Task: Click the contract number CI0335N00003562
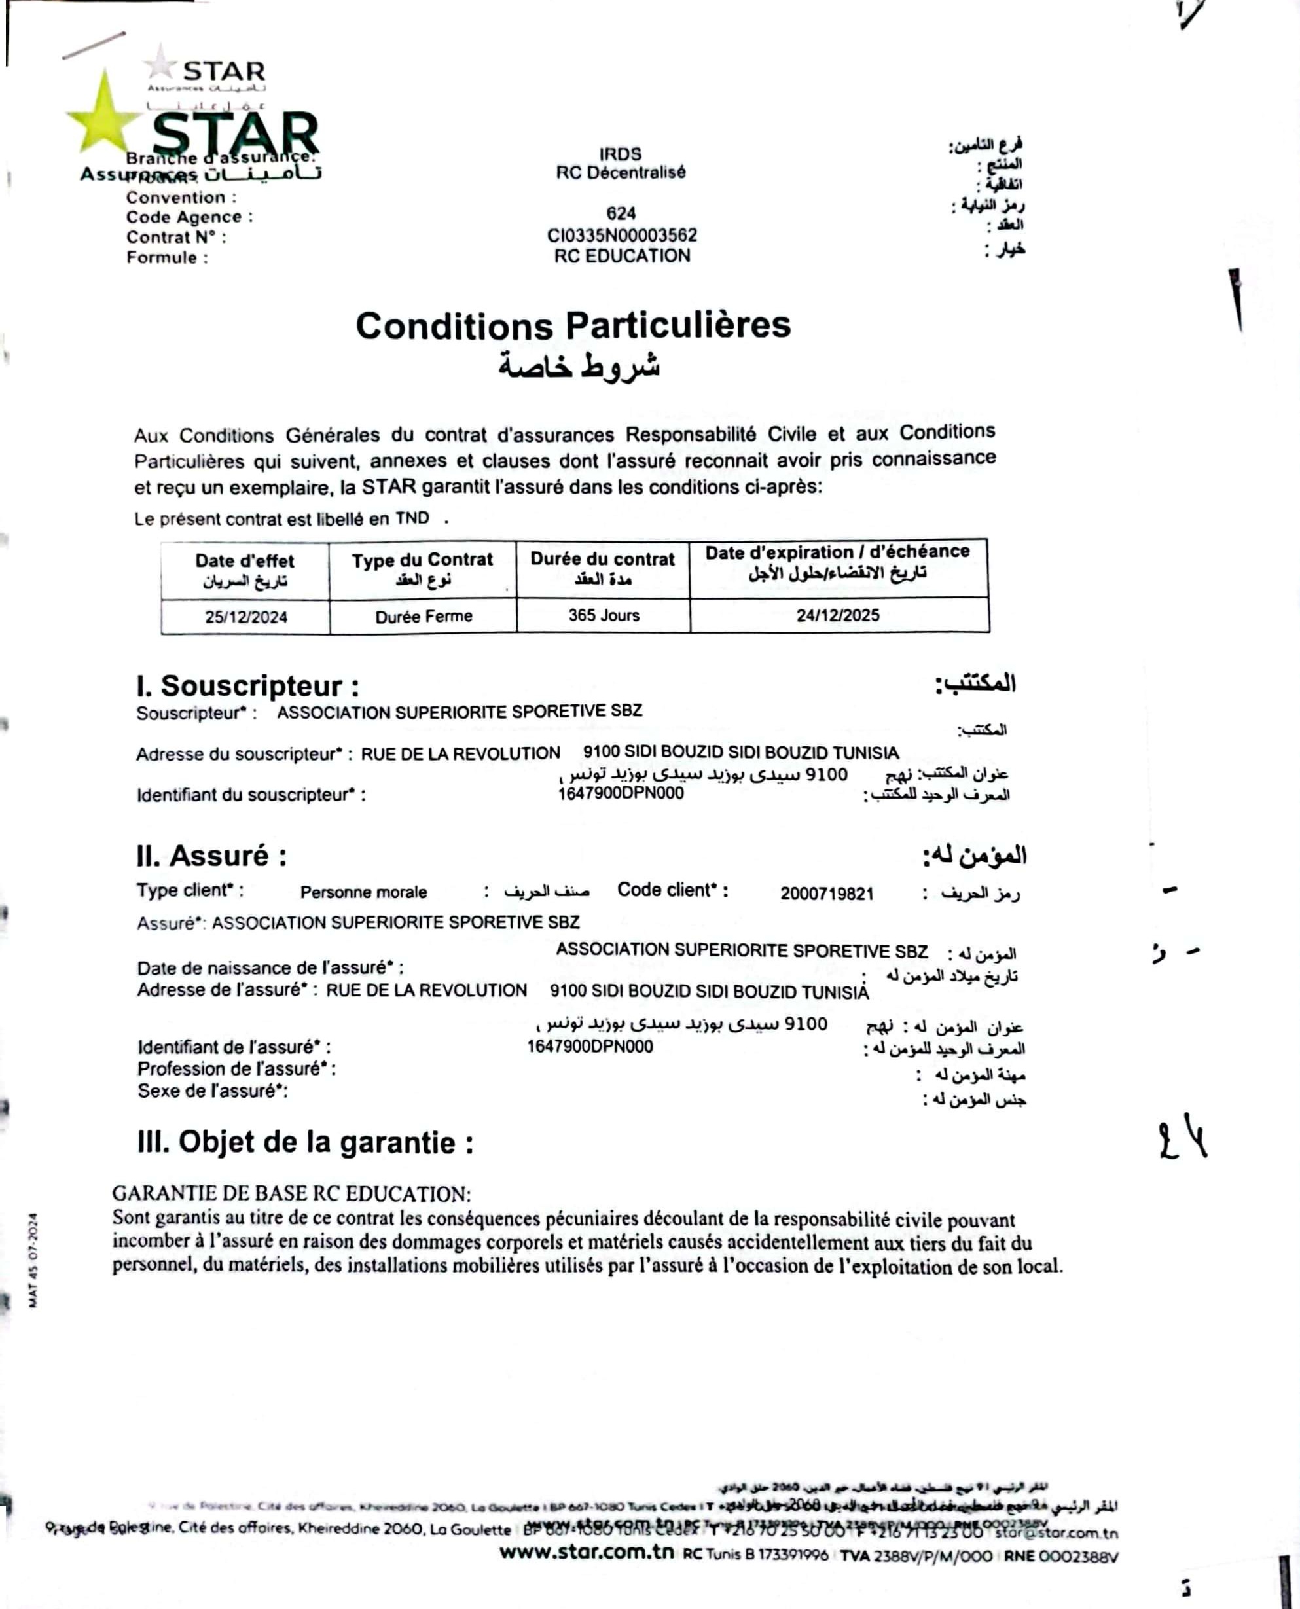pyautogui.click(x=622, y=235)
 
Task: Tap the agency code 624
pyautogui.click(x=621, y=213)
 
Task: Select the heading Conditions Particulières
pyautogui.click(x=573, y=326)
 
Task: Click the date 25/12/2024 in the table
pyautogui.click(x=245, y=617)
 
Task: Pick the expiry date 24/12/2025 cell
pyautogui.click(x=837, y=615)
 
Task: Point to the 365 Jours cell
pyautogui.click(x=604, y=615)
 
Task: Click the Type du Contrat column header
pyautogui.click(x=422, y=560)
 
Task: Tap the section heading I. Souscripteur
pyautogui.click(x=247, y=686)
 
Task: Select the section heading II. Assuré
pyautogui.click(x=211, y=855)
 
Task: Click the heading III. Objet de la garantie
pyautogui.click(x=305, y=1142)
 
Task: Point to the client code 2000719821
pyautogui.click(x=827, y=894)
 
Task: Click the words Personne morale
pyautogui.click(x=363, y=892)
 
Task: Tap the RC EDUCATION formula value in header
pyautogui.click(x=622, y=256)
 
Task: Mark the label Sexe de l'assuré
pyautogui.click(x=213, y=1091)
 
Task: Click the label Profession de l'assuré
pyautogui.click(x=236, y=1068)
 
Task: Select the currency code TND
pyautogui.click(x=412, y=518)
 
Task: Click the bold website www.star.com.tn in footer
pyautogui.click(x=587, y=1552)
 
